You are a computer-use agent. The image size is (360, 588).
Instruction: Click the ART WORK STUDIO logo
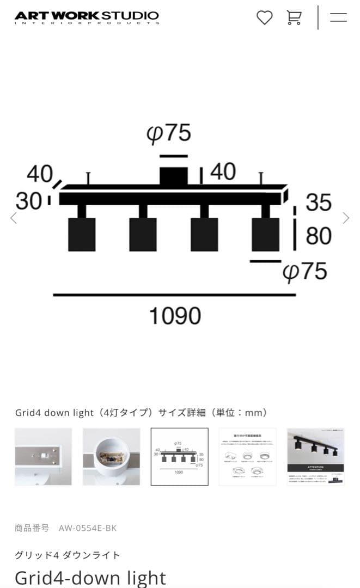tap(87, 17)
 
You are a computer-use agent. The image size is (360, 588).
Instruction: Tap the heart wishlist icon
tap(264, 17)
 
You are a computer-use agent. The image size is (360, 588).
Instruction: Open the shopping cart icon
tap(294, 17)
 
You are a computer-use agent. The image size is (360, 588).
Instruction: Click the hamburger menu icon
tap(338, 17)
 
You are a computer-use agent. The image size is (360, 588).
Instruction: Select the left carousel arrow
tap(14, 218)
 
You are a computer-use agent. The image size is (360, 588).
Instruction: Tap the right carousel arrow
tap(346, 218)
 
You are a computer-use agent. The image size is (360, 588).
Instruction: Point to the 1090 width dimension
tap(175, 316)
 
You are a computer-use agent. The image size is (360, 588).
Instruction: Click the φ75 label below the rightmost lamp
tap(305, 271)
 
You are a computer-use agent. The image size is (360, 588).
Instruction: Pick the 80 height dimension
tap(319, 236)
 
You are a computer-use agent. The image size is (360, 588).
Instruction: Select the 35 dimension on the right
tap(319, 202)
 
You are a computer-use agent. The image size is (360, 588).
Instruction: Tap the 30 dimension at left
tap(28, 201)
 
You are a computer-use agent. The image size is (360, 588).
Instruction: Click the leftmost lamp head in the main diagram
tap(82, 234)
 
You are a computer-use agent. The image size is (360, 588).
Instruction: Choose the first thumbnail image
tap(43, 456)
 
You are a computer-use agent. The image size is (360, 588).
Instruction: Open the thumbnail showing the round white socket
tap(111, 456)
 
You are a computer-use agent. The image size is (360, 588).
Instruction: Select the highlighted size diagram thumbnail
tap(179, 456)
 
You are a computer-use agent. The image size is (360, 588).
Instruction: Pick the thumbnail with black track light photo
tap(315, 456)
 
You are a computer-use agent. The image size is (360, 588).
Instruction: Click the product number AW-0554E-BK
tap(87, 528)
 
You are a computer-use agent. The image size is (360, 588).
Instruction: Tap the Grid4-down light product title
tap(90, 577)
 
